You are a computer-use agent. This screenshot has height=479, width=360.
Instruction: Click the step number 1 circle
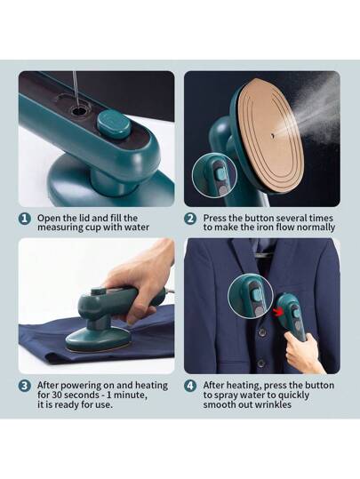point(25,219)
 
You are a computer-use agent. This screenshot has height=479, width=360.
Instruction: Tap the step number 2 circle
point(190,219)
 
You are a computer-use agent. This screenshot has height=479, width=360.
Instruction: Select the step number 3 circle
point(25,386)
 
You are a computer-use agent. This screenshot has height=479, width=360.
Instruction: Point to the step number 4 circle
point(190,386)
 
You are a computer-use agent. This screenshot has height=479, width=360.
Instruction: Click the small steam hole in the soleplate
point(272,133)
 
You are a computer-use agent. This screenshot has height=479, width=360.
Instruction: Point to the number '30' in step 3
point(57,395)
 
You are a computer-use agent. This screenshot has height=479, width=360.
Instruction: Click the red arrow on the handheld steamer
point(277,313)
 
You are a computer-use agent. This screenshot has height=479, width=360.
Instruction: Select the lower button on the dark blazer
point(261,363)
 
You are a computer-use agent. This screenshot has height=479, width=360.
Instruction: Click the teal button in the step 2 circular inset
point(220,173)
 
